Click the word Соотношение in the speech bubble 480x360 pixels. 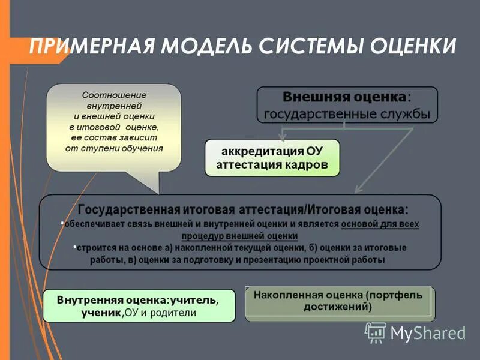click(113, 95)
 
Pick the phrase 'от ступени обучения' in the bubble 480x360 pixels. click(113, 148)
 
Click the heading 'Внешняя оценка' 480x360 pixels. click(344, 97)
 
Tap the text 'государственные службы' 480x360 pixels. click(347, 113)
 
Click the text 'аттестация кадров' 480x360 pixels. click(272, 165)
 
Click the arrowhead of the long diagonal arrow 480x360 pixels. click(359, 190)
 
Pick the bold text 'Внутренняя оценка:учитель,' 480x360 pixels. click(138, 299)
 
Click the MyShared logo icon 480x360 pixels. click(375, 331)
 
